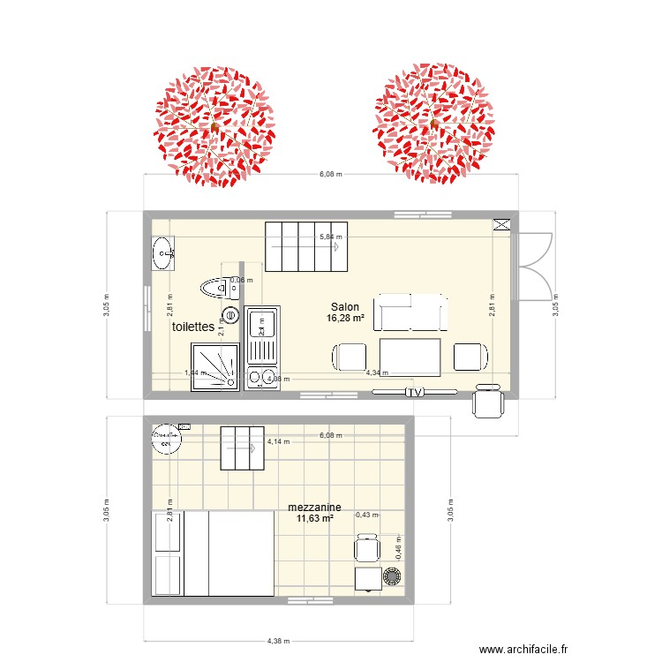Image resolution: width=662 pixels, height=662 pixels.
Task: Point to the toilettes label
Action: point(193,327)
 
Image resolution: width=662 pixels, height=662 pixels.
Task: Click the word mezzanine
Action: point(314,508)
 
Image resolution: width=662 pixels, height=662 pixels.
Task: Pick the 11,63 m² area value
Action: point(315,519)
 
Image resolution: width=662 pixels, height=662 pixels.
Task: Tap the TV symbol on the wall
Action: point(413,393)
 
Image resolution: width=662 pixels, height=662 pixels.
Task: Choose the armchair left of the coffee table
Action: point(350,357)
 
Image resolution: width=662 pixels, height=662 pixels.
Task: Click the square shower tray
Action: point(212,366)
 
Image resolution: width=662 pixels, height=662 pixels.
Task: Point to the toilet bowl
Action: point(216,286)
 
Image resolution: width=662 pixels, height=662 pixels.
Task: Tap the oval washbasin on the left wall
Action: point(163,253)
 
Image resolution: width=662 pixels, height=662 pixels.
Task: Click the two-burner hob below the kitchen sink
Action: point(261,378)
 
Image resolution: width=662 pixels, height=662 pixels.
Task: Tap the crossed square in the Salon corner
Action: point(502,224)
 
